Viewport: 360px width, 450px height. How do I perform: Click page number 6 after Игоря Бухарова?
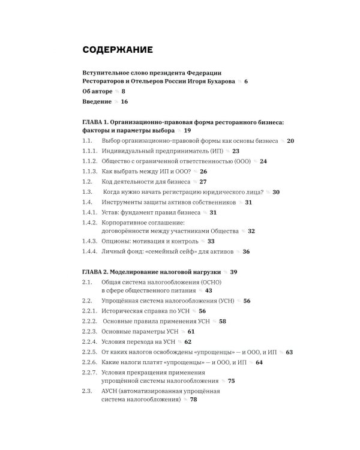click(x=245, y=81)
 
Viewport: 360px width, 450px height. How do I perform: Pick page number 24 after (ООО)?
click(x=263, y=161)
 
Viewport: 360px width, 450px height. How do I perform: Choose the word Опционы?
click(x=118, y=241)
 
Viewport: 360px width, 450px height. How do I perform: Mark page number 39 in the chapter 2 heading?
click(x=234, y=272)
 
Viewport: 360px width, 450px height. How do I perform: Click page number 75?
click(x=231, y=380)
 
